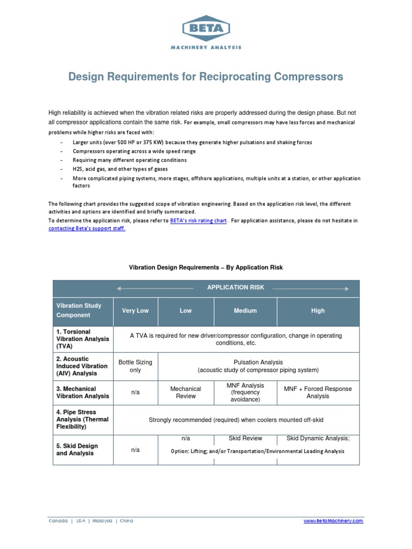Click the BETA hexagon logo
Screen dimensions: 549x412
[x=205, y=28]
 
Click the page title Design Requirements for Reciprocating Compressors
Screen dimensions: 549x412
[x=205, y=77]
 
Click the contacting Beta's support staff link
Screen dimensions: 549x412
[x=87, y=228]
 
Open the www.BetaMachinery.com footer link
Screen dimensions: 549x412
[x=333, y=521]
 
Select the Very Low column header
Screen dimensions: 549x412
[x=135, y=311]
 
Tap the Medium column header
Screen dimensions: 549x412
[x=245, y=311]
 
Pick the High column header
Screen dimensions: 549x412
[x=318, y=311]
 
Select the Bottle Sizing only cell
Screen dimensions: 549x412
[x=135, y=366]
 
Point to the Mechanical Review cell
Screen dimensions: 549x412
[x=185, y=392]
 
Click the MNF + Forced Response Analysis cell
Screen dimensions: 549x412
[x=318, y=392]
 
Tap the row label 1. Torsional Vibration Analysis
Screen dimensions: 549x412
[x=83, y=339]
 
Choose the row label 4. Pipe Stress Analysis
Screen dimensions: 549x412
[x=83, y=420]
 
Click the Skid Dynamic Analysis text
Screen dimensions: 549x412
[x=318, y=439]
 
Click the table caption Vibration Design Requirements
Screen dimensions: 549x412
[x=205, y=267]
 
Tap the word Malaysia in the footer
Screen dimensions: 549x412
[x=102, y=521]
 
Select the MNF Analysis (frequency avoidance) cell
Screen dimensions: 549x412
[x=245, y=392]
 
